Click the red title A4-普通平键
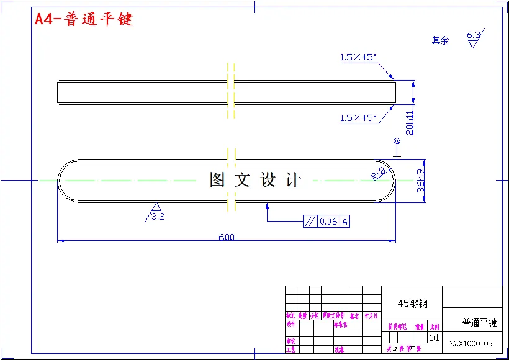coord(84,19)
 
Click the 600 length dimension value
coord(227,236)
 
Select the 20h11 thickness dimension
coord(409,122)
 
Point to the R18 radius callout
coord(379,172)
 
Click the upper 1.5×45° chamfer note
coord(358,57)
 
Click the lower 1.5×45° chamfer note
coord(358,118)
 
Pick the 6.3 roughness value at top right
coord(473,35)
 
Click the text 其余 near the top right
coord(440,40)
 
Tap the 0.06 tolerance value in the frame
coord(329,222)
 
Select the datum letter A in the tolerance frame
coord(345,222)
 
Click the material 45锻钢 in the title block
coord(412,304)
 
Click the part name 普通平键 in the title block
coord(479,323)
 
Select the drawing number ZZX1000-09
coord(471,343)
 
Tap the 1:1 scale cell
coord(433,337)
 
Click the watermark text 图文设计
coord(255,180)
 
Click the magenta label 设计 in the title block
coord(291,324)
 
